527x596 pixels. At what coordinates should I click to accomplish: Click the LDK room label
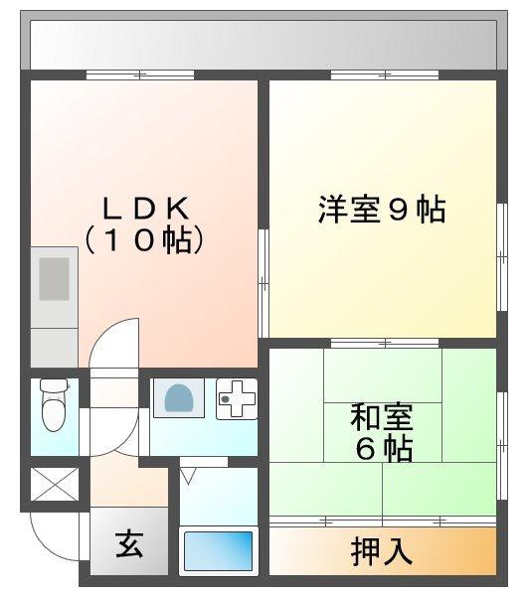tap(145, 208)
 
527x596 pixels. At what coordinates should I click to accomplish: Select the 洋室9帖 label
tap(382, 210)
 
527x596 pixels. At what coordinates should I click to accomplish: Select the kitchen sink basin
tap(54, 278)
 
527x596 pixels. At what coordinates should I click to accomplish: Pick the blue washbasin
tap(178, 398)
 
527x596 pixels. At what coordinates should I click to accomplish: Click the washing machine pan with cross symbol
tap(236, 399)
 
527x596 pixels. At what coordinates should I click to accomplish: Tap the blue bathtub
tap(218, 549)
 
